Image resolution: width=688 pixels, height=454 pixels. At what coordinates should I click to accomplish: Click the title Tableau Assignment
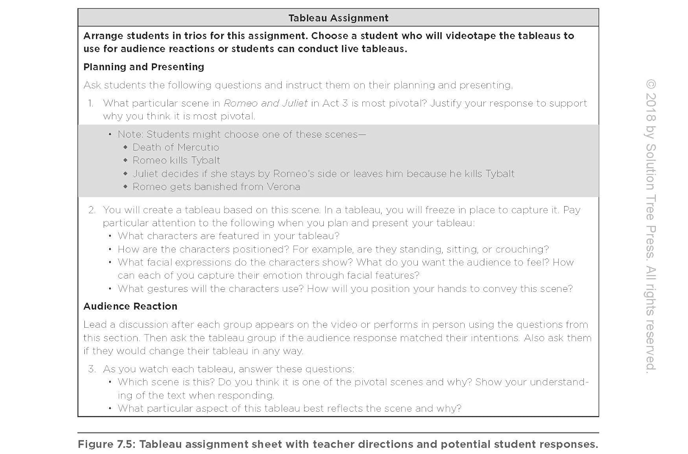(338, 18)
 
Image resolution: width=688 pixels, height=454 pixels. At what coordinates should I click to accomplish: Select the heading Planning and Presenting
(144, 67)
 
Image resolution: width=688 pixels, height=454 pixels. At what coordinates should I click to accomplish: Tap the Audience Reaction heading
(130, 306)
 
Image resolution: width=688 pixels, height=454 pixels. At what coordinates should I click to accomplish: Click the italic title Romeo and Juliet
(265, 103)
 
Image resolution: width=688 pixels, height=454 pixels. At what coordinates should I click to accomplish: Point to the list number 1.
(90, 103)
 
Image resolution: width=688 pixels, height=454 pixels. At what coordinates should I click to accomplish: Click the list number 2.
(92, 210)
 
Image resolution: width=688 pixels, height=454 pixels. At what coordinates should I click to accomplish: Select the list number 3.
(92, 369)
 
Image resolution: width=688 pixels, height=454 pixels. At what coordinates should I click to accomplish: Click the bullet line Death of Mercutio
(176, 147)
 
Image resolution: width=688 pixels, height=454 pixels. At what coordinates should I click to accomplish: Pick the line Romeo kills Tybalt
(176, 160)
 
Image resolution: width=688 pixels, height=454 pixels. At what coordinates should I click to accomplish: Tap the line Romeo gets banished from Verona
(216, 187)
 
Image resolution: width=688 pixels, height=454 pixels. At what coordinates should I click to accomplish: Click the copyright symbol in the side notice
(651, 84)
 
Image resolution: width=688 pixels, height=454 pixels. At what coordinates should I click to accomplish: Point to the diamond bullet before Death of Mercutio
(125, 147)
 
